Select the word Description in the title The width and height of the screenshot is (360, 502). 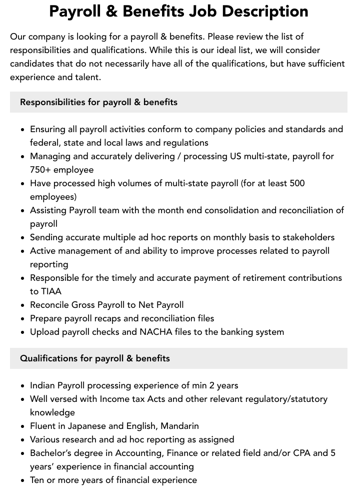click(266, 11)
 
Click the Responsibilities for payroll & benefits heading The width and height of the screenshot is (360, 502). click(98, 102)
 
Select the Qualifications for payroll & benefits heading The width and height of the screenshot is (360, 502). click(95, 358)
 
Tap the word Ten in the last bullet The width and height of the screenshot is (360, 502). click(37, 480)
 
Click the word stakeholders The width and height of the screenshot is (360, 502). click(308, 237)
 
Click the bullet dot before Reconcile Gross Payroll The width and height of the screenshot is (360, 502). click(23, 305)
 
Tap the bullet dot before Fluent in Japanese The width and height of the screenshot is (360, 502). click(23, 426)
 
